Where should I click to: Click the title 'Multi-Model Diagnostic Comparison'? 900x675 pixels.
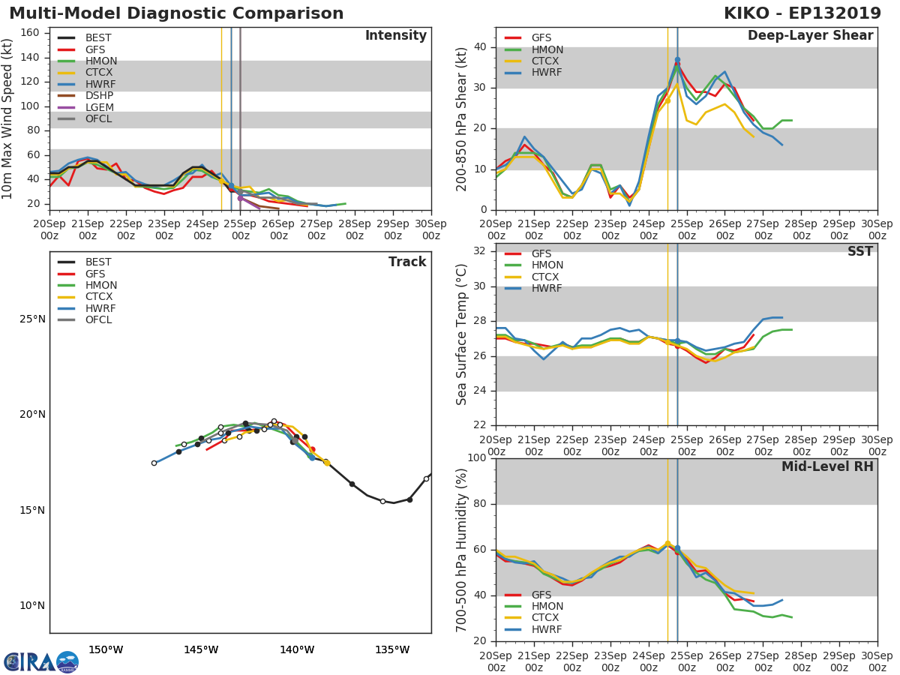[176, 13]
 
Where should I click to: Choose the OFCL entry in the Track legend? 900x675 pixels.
[98, 320]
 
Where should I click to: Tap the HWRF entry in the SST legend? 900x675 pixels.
[547, 289]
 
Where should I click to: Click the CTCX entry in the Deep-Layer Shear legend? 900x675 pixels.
[547, 61]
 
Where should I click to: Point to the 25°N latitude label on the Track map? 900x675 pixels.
[32, 319]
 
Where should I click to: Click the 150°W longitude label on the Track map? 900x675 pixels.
[106, 649]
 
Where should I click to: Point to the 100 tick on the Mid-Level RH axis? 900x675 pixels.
[476, 458]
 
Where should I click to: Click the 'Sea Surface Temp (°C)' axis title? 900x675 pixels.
[462, 334]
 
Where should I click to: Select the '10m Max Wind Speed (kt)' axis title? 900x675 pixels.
[8, 118]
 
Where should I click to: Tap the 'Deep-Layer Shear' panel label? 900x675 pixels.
[810, 36]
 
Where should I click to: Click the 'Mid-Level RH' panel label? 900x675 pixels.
[827, 466]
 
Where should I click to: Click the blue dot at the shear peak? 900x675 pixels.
[677, 59]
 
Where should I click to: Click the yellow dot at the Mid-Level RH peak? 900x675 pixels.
[667, 544]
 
